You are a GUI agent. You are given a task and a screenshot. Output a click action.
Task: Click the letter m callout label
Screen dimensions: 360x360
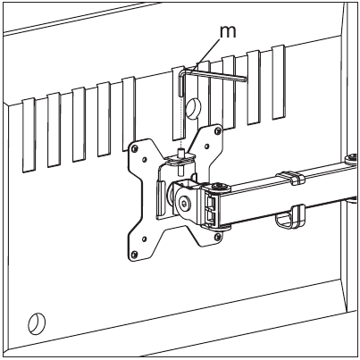click(228, 32)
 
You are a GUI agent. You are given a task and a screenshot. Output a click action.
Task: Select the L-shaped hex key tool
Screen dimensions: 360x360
click(208, 74)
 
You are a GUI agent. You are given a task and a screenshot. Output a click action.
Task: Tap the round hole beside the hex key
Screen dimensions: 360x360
click(193, 107)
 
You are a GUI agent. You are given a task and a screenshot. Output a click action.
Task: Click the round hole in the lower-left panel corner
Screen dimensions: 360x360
click(37, 323)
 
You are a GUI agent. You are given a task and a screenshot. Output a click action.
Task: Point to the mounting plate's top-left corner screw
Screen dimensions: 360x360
click(135, 148)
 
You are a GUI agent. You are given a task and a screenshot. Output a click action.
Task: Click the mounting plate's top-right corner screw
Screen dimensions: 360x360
click(218, 130)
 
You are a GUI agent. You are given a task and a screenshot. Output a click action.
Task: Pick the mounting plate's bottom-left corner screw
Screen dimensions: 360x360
click(134, 254)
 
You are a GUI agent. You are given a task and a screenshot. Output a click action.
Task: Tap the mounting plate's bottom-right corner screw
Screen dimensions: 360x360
click(218, 237)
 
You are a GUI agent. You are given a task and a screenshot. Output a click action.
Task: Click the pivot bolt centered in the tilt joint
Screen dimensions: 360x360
click(186, 204)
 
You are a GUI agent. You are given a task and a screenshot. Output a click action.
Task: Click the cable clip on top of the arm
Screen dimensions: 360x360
click(290, 177)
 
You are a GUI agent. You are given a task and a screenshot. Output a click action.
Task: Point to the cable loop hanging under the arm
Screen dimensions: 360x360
click(290, 217)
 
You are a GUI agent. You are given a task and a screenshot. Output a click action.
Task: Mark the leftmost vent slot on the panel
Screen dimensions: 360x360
click(29, 135)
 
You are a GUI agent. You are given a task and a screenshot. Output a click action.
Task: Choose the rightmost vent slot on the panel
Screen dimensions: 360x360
click(279, 82)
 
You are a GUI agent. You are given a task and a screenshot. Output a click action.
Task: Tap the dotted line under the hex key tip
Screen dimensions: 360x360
click(180, 122)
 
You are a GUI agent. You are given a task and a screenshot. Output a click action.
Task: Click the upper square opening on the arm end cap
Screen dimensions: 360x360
click(210, 203)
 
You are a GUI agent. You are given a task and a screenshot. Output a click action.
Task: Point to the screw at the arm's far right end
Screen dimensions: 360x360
click(351, 157)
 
